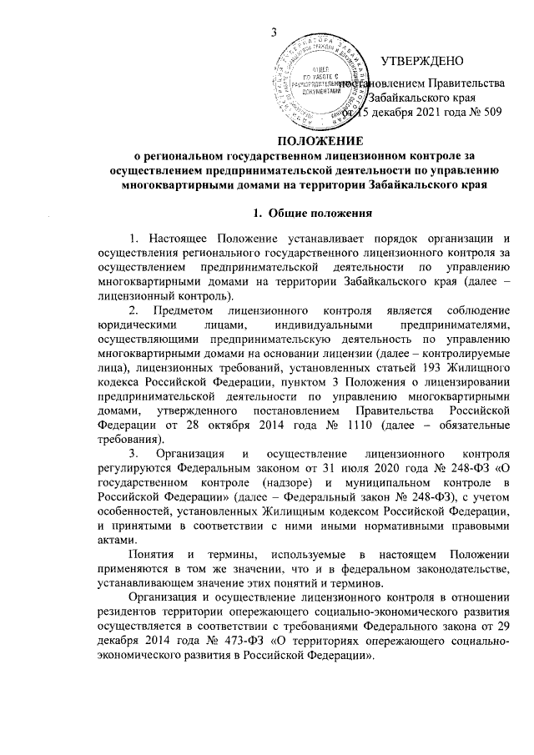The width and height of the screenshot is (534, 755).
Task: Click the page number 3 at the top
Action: (x=274, y=33)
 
